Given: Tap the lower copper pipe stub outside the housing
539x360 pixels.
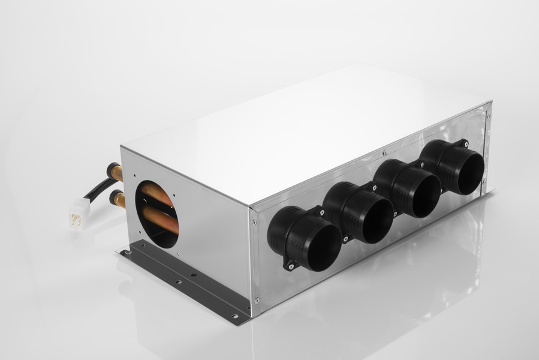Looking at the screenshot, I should (118, 198).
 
